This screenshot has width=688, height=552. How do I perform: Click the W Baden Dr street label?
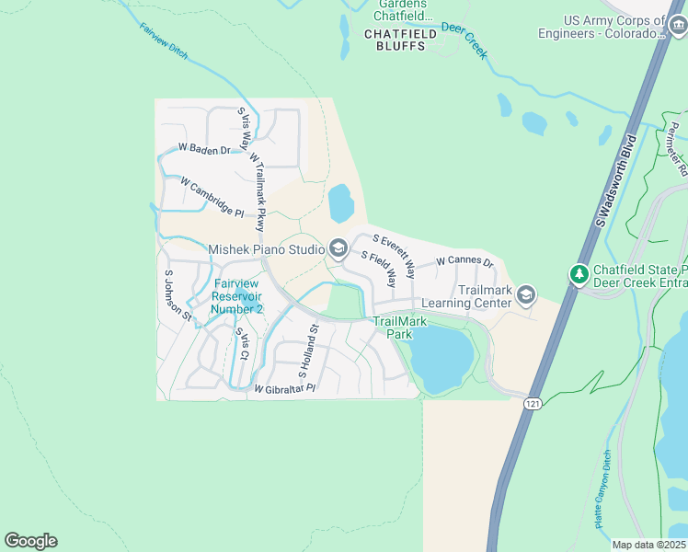(203, 148)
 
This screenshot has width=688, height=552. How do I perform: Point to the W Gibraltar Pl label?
(284, 389)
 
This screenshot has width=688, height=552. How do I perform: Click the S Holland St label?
(307, 351)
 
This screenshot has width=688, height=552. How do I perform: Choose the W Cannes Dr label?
(464, 262)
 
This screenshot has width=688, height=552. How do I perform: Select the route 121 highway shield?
(533, 404)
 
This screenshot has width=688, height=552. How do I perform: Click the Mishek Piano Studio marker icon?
(337, 248)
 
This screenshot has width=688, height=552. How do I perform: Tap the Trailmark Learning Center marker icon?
(526, 294)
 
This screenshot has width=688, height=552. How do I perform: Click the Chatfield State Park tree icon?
(579, 274)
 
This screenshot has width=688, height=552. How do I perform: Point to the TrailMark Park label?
(393, 328)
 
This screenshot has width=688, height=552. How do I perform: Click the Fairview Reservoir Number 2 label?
(237, 296)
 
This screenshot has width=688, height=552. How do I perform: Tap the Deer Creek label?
(464, 40)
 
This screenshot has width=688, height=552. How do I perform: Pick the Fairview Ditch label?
(164, 41)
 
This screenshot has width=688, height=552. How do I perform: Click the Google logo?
(30, 541)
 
